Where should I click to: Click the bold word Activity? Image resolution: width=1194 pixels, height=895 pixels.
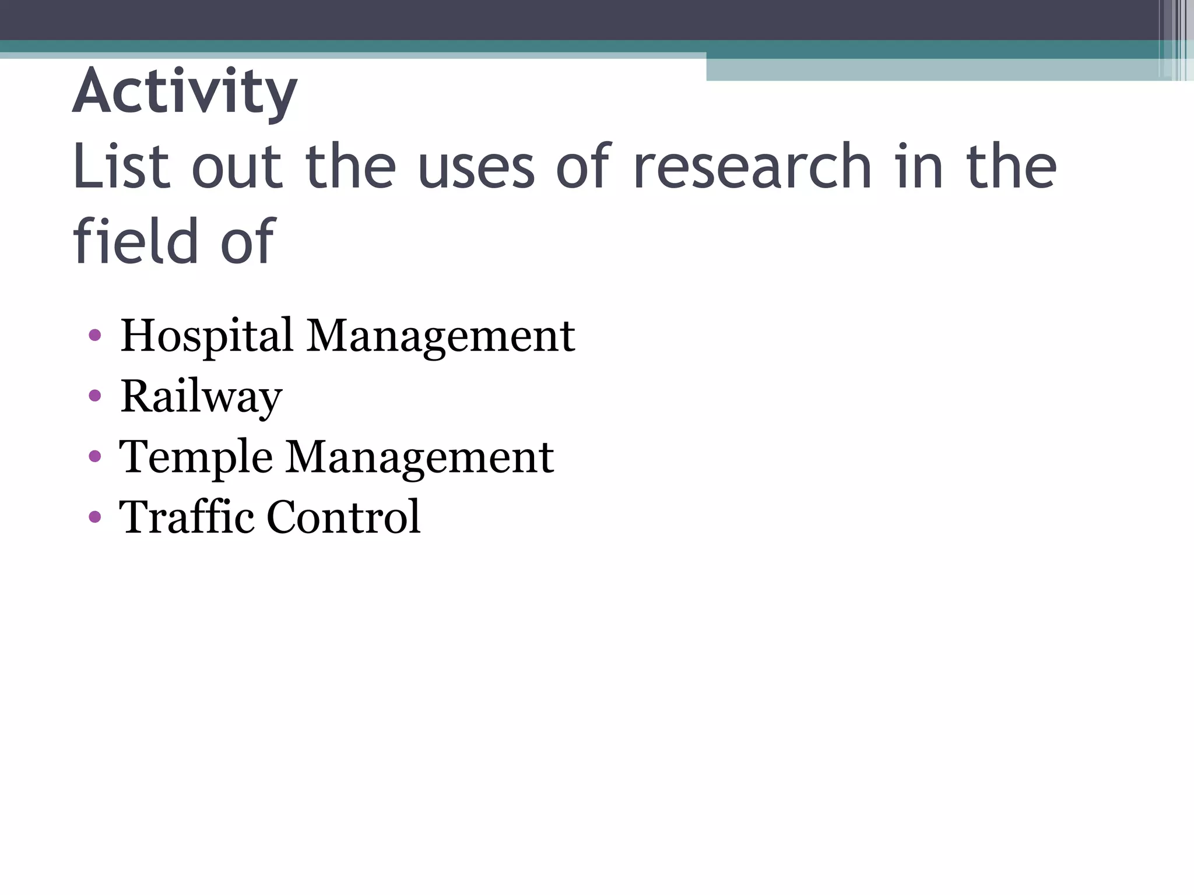coord(185,92)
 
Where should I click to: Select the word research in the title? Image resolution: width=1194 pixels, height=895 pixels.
coord(752,167)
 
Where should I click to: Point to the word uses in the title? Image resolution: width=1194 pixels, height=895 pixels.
coord(476,167)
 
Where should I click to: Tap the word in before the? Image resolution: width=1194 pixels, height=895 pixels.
coord(919,167)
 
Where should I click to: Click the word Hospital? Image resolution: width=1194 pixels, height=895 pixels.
coord(206,336)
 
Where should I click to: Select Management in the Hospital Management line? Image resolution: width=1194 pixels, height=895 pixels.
coord(441,336)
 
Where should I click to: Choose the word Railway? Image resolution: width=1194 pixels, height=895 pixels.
coord(201,397)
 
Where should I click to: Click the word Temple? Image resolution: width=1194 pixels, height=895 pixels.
coord(195,457)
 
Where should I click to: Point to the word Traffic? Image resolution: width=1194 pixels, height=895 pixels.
coord(186,517)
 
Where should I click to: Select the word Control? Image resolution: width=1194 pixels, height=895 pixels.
coord(343,517)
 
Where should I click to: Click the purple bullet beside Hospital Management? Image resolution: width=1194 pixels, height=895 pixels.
coord(94,336)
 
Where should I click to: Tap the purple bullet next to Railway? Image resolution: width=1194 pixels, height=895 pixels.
coord(94,396)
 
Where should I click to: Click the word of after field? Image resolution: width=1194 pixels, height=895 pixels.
coord(247,241)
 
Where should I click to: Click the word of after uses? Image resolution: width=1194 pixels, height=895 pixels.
coord(583,167)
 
